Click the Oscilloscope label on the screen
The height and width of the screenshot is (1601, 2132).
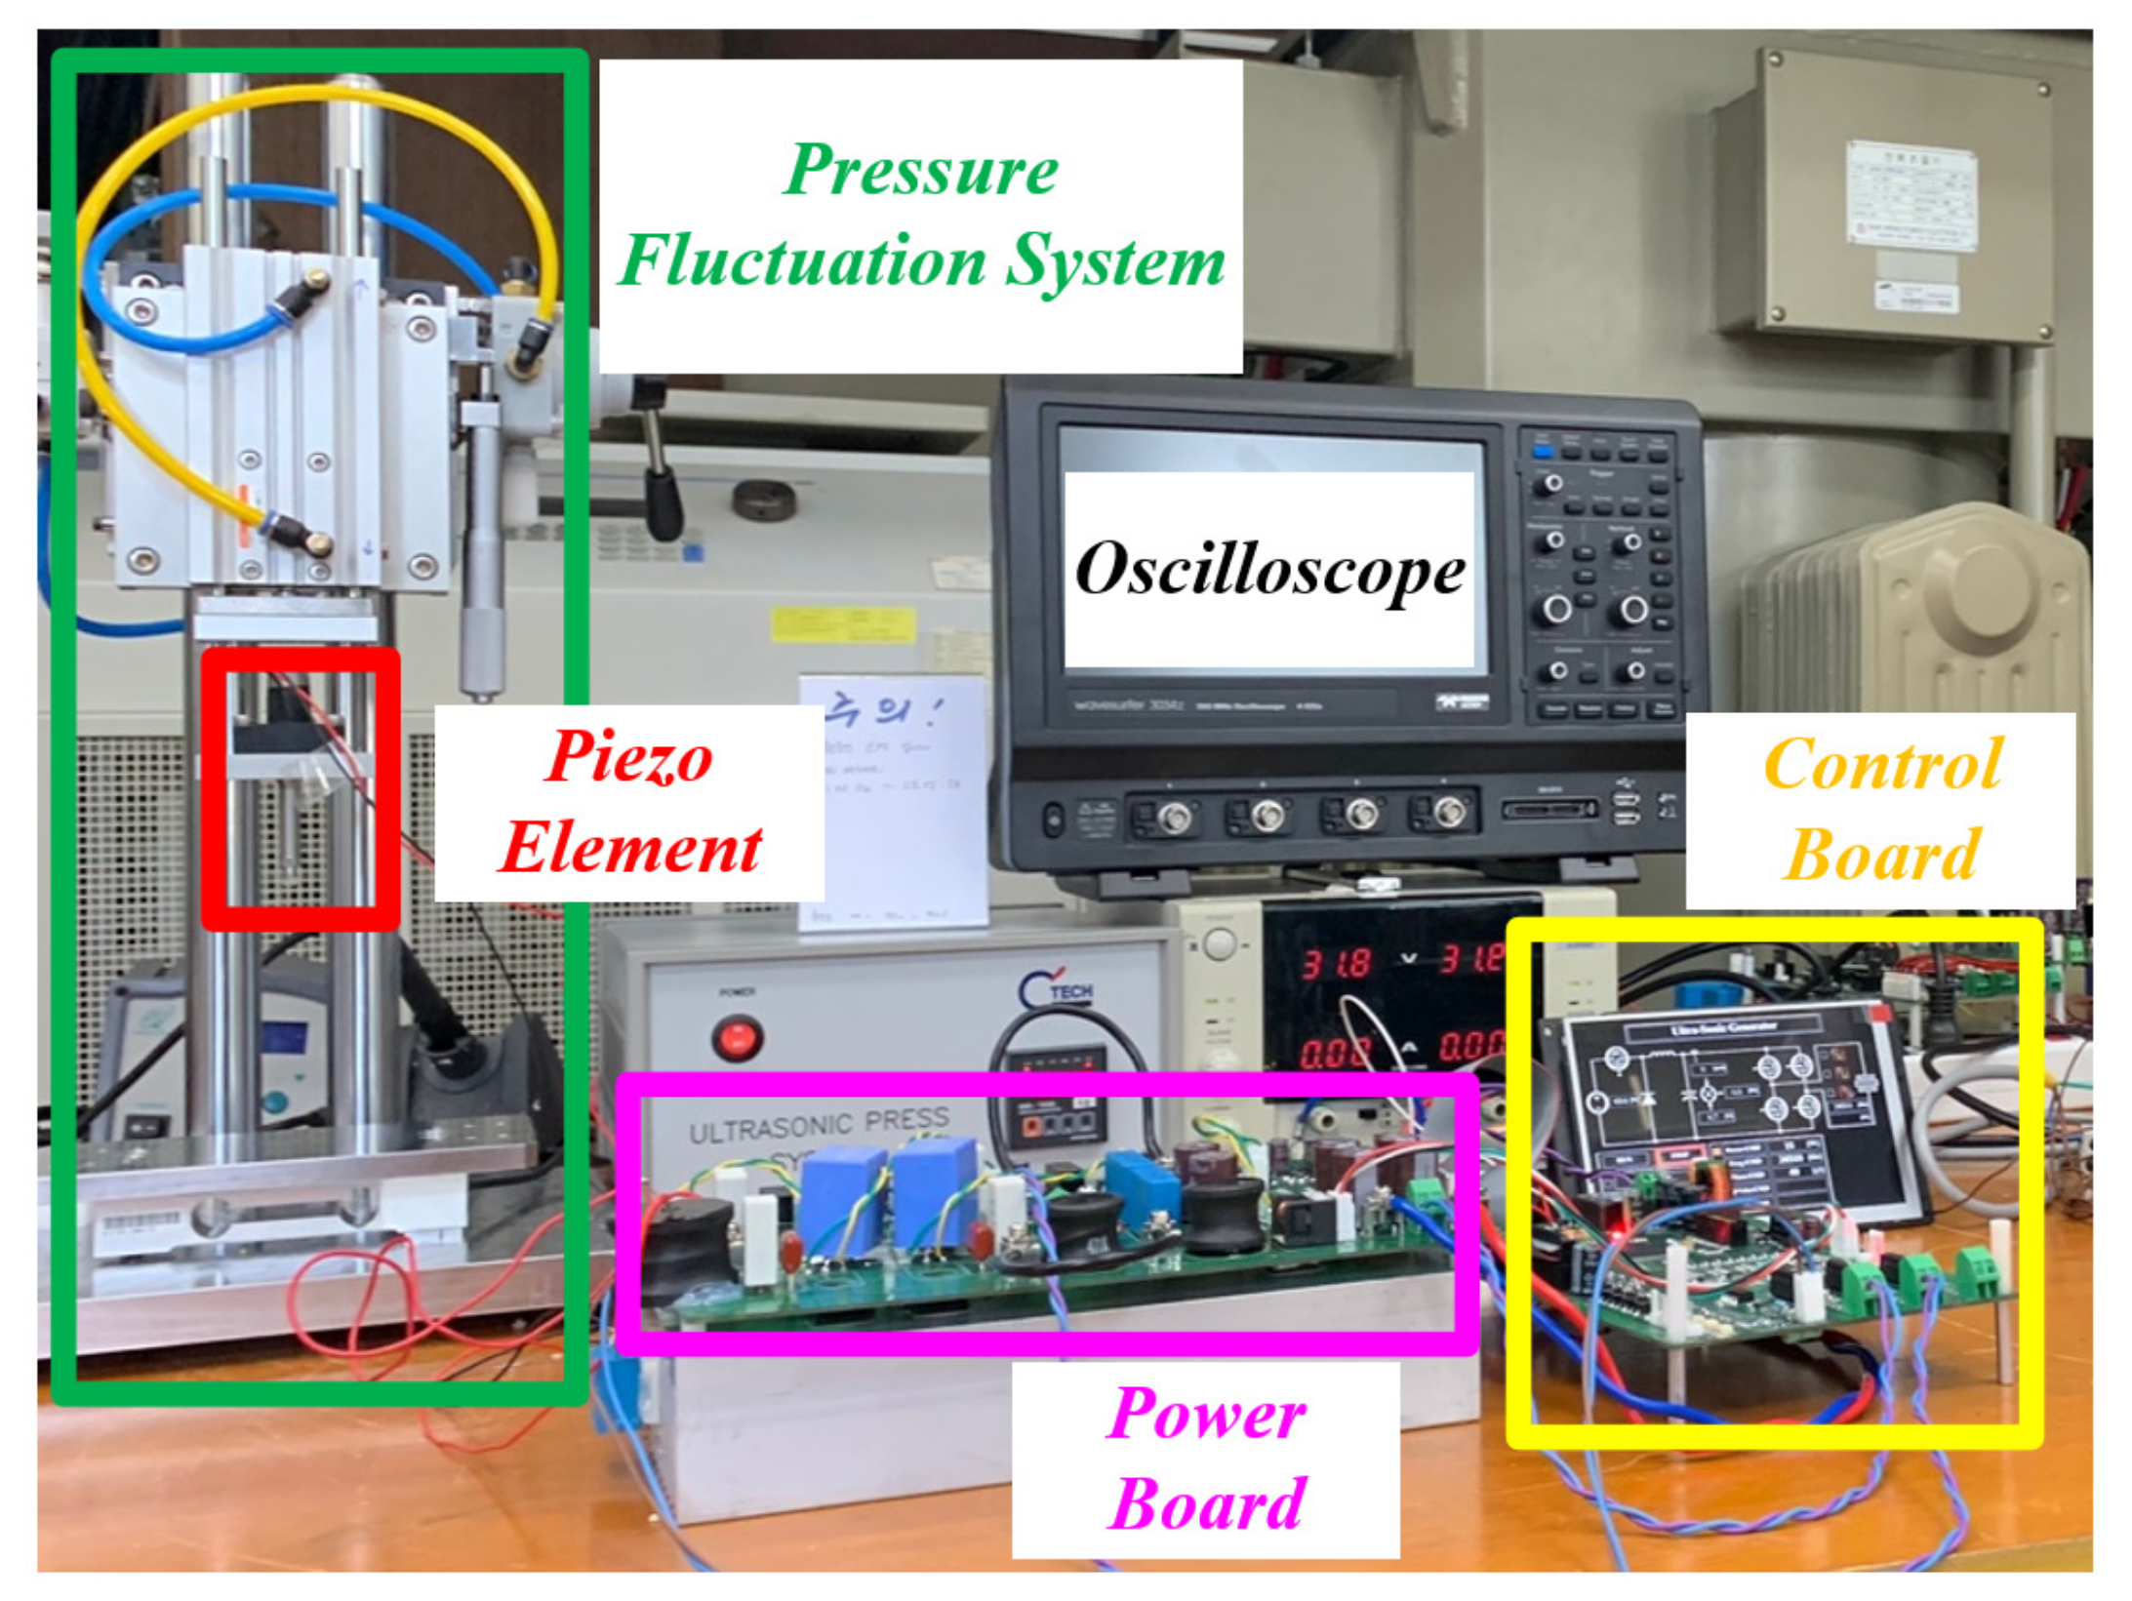(x=1268, y=569)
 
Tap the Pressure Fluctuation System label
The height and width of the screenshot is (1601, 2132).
(x=920, y=217)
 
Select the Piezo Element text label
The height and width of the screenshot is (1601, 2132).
(x=629, y=802)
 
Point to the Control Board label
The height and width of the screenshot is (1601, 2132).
(x=1880, y=810)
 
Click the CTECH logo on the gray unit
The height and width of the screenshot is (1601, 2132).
(x=1057, y=990)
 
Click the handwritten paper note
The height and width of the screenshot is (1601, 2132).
(x=892, y=800)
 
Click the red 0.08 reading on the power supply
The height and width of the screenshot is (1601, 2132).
(x=1335, y=1053)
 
